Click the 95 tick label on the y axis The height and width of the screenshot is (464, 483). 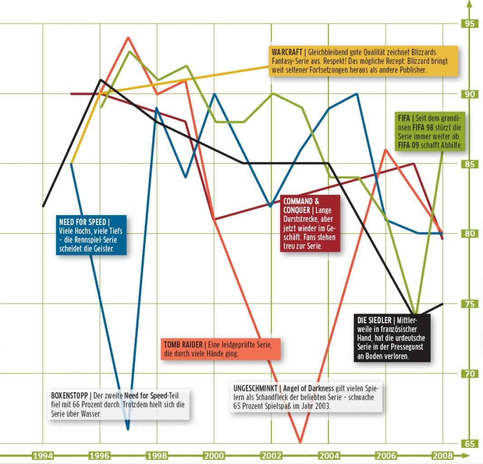[x=469, y=24]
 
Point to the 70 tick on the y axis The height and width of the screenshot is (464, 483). [x=469, y=374]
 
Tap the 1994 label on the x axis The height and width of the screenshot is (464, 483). [x=43, y=455]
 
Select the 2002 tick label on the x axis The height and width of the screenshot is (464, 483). [x=272, y=455]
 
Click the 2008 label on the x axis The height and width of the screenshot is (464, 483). [x=443, y=455]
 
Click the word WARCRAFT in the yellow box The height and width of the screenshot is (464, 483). [x=287, y=52]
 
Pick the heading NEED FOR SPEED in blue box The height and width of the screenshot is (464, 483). [x=82, y=222]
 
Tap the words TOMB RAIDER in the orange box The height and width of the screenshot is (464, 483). [x=183, y=344]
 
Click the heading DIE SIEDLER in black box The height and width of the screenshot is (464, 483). [x=374, y=320]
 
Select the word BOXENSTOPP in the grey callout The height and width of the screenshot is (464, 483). [x=69, y=395]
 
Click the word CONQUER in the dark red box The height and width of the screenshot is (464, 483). [x=296, y=210]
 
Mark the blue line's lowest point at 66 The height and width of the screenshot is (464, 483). [x=128, y=429]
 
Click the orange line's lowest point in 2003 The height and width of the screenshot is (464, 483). [x=300, y=442]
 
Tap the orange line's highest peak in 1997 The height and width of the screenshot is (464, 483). [x=128, y=38]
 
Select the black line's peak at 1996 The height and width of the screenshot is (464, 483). [x=100, y=80]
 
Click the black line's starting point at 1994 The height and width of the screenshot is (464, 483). [x=43, y=206]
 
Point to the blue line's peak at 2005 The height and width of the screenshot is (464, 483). [x=357, y=94]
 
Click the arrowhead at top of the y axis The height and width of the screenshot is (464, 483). [x=469, y=4]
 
